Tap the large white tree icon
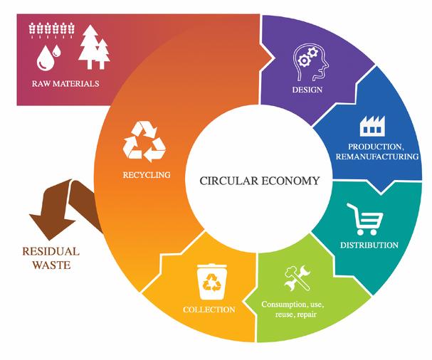(91, 46)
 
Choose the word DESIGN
(307, 90)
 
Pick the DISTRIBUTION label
(369, 245)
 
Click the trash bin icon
(211, 281)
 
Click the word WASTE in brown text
(50, 265)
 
